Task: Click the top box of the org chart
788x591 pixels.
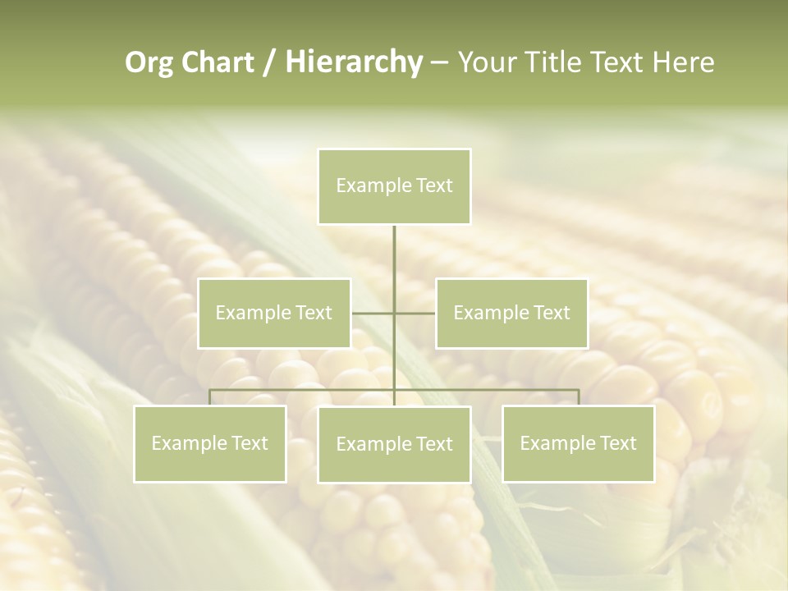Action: point(394,186)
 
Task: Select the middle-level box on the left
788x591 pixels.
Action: point(274,313)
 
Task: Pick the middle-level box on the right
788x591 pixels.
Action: point(511,313)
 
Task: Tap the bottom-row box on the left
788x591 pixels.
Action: point(210,443)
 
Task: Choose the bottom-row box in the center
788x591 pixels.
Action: point(394,444)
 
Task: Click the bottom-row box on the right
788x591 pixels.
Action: point(578,443)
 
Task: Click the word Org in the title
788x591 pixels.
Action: point(149,62)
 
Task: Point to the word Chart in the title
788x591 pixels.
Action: point(217,62)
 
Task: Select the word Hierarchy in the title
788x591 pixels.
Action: point(354,62)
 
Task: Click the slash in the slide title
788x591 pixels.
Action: point(269,63)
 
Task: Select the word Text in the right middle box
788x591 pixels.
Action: point(552,313)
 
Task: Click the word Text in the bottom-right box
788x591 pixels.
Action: point(618,443)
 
